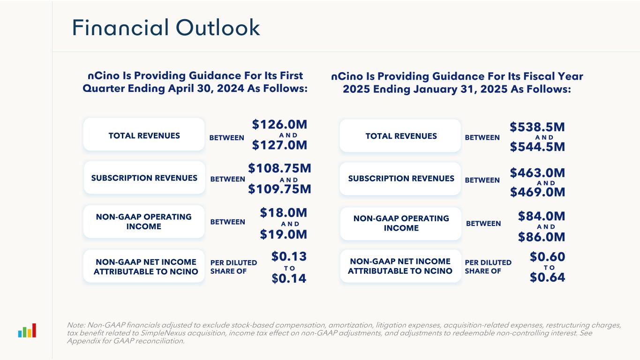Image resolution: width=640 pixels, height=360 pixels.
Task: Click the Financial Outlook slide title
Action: pos(166,28)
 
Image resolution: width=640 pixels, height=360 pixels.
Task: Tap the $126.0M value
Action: pos(279,125)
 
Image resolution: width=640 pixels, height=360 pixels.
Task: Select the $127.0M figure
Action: pos(279,146)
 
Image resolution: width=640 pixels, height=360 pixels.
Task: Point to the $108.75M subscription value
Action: pos(279,168)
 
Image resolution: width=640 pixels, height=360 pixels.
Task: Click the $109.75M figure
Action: pos(279,189)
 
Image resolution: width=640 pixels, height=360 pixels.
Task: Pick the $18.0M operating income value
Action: pos(284,213)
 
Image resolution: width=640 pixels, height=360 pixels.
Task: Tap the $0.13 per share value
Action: pos(289,256)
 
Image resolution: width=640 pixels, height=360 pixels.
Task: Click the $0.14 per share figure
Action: pos(289,278)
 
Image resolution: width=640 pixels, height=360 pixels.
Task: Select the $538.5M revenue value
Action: pos(537,127)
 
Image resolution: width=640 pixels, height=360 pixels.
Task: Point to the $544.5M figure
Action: pos(537,147)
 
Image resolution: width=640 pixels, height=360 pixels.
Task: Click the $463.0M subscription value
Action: pos(537,172)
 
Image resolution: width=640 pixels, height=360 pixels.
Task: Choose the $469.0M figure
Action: pos(537,192)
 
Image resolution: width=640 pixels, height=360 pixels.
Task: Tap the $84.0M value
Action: pos(542,216)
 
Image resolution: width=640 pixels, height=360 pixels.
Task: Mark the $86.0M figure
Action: pos(542,237)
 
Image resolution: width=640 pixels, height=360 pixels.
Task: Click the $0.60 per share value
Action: pos(547,257)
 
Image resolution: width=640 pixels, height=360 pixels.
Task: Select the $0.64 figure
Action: pos(547,277)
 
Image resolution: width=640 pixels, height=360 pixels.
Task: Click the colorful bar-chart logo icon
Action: pos(27,330)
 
